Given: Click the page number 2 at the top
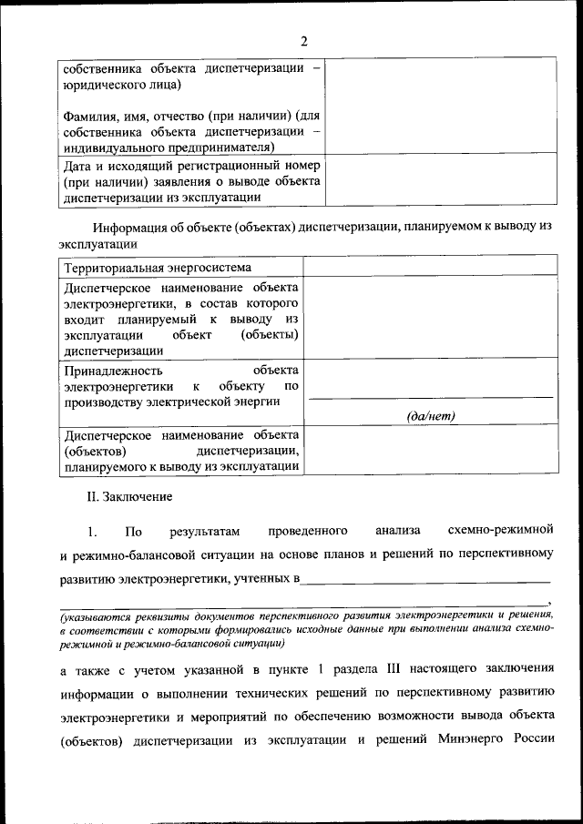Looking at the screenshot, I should click(x=304, y=40).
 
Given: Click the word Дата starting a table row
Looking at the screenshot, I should click(x=80, y=166).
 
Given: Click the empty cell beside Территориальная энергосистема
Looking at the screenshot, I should click(x=430, y=267).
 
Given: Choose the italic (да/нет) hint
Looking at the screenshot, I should click(x=431, y=416).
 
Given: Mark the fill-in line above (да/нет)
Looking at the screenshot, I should click(x=431, y=398).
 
